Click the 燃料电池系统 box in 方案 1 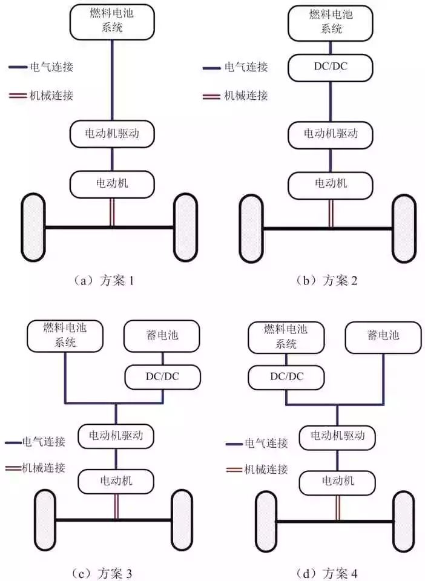112,22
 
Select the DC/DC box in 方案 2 331,67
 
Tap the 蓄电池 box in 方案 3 162,336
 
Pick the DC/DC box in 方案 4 286,378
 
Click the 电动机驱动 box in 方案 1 112,134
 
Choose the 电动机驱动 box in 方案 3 116,436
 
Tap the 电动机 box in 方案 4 337,483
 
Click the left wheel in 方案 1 33,227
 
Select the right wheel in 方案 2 404,229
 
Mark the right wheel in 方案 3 182,520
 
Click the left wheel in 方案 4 266,522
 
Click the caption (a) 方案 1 104,280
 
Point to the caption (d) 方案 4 327,573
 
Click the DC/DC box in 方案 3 162,377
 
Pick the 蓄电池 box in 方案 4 383,336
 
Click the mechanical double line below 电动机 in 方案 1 112,212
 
